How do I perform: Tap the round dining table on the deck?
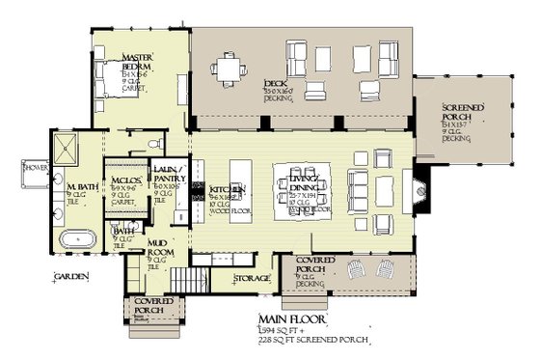(x=230, y=68)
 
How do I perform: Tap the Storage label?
(x=254, y=279)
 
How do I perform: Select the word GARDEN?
(x=72, y=277)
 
